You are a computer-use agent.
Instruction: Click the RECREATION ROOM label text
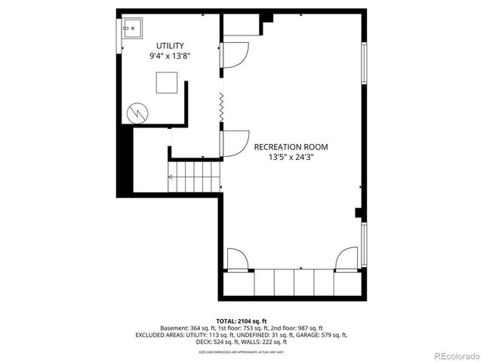291,147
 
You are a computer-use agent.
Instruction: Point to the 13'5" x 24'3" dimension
291,158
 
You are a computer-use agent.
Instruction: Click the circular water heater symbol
137,112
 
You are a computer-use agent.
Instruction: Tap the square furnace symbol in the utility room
167,81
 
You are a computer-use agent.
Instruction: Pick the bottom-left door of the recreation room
235,259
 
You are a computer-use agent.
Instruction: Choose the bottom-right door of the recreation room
347,259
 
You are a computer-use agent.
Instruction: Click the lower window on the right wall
364,242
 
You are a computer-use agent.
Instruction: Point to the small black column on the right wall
360,213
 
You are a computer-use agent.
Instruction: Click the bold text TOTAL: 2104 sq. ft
241,321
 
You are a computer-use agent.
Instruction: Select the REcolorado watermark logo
454,355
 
